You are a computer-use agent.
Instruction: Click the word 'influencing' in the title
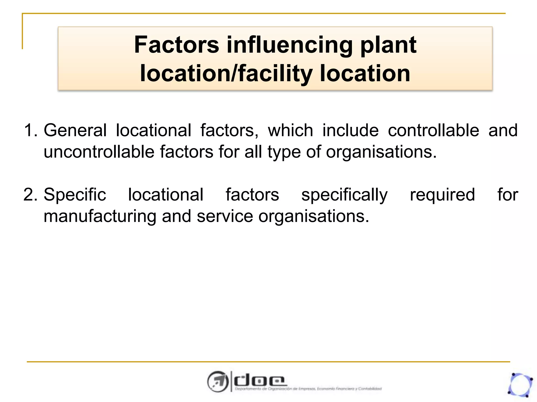tap(289, 45)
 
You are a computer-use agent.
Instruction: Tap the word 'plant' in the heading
tap(388, 45)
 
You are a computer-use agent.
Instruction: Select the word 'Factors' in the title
tap(176, 45)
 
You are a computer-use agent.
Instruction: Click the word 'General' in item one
tap(75, 130)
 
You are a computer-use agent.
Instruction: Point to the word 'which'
tap(291, 130)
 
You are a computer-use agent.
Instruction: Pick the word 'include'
tap(351, 130)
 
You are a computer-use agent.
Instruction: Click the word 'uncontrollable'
tap(99, 152)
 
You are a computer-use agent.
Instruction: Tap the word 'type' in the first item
tap(284, 152)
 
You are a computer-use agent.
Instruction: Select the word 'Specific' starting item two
tap(75, 195)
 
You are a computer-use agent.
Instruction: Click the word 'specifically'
tap(344, 195)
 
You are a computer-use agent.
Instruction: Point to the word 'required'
tap(442, 195)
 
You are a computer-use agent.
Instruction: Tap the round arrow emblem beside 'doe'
tap(217, 382)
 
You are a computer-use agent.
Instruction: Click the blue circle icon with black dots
tap(520, 385)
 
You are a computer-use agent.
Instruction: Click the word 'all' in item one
tap(253, 152)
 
